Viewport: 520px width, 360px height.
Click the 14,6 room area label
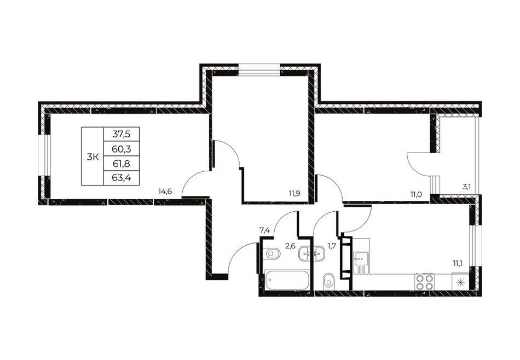[165, 191]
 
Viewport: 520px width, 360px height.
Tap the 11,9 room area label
[294, 194]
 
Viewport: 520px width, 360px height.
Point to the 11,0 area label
[415, 194]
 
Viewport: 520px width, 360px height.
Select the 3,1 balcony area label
[466, 187]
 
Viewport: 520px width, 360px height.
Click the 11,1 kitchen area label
[458, 264]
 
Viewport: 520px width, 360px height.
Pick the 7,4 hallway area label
[264, 230]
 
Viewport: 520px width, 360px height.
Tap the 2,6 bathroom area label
[290, 246]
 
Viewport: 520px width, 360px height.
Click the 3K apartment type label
[93, 157]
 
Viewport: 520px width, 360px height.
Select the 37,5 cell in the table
[122, 134]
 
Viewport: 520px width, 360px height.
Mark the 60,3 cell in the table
[122, 149]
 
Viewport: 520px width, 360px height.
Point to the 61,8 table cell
[122, 164]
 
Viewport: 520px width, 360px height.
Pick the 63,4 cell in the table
[122, 178]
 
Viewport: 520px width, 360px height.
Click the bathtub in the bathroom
[287, 280]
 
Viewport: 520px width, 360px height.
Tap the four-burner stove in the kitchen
[424, 281]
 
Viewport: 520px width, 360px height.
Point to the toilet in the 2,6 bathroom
[272, 254]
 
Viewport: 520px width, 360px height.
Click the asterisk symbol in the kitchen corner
[460, 282]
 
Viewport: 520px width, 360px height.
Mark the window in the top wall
[259, 70]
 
